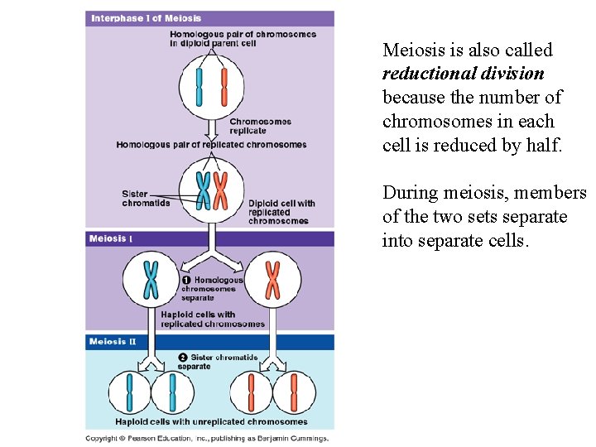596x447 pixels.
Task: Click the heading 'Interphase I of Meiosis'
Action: point(146,18)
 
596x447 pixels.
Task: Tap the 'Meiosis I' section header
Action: point(110,239)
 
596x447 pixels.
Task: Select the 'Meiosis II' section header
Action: point(113,342)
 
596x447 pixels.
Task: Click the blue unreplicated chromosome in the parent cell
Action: point(199,88)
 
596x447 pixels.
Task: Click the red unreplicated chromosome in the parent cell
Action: point(223,88)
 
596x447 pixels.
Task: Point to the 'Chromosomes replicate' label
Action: point(260,126)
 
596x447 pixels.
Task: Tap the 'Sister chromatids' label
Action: point(146,199)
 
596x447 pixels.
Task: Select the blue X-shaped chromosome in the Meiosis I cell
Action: point(151,279)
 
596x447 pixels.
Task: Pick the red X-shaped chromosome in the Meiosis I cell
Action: point(272,279)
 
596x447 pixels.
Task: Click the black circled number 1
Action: point(185,281)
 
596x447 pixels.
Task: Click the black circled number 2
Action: point(183,358)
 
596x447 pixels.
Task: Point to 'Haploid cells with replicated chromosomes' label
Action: point(213,320)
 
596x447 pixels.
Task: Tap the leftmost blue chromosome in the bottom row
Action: point(130,392)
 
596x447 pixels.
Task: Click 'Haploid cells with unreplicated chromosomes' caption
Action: point(211,422)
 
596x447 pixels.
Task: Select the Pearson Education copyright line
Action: point(207,439)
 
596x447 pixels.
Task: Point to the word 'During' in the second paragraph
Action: point(411,193)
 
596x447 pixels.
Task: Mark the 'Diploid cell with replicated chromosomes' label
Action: point(281,212)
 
